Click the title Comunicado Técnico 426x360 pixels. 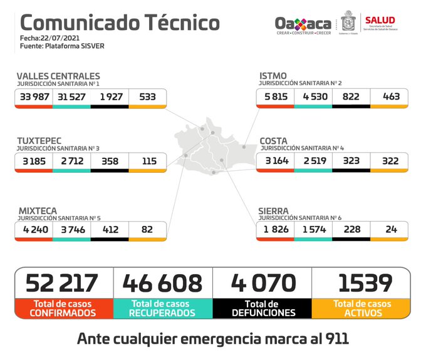tap(120, 23)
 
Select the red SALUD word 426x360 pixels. tap(380, 20)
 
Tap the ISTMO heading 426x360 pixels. tap(273, 76)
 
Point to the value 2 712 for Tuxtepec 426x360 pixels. tap(72, 161)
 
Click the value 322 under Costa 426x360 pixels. tap(389, 161)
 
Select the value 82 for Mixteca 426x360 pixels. tap(147, 230)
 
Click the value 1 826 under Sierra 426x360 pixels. tap(275, 230)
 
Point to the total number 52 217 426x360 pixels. tap(63, 283)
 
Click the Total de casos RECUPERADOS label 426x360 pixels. tap(163, 308)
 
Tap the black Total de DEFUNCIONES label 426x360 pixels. tap(262, 308)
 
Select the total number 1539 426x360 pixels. tap(361, 283)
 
